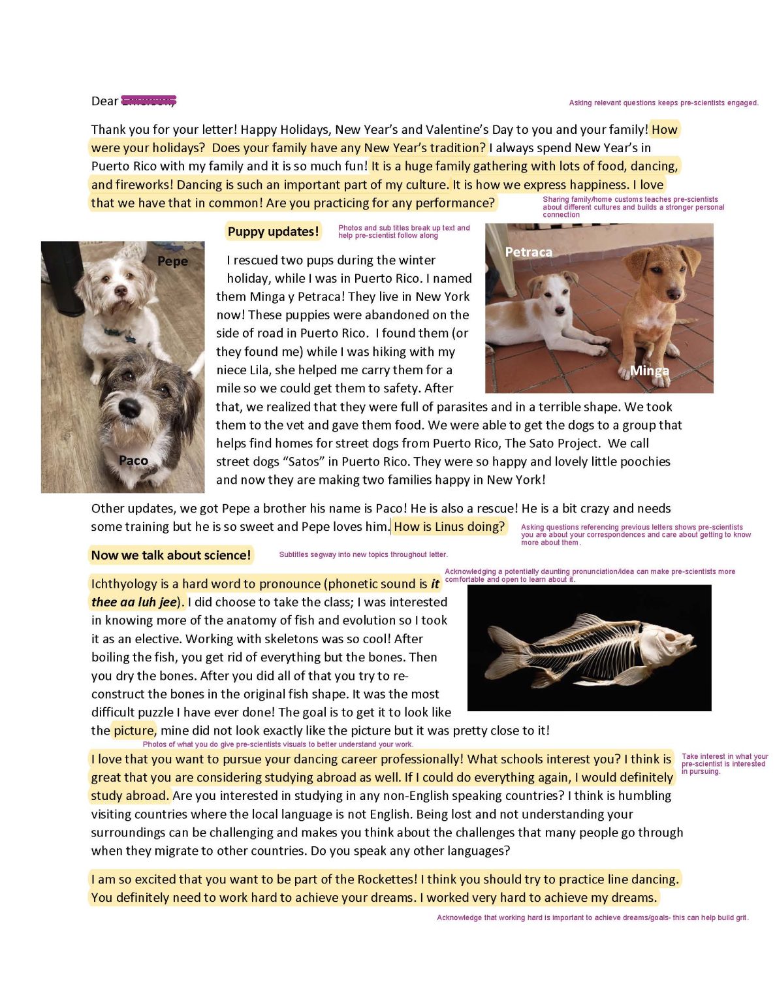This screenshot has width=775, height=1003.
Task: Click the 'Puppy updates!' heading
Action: click(273, 232)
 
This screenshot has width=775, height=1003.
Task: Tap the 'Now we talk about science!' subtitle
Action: click(170, 556)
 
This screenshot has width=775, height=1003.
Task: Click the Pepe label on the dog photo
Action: click(172, 261)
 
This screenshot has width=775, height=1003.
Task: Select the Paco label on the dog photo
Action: click(133, 461)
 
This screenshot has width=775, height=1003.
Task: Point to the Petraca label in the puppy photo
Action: click(528, 252)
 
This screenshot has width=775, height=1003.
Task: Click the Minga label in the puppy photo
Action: click(649, 371)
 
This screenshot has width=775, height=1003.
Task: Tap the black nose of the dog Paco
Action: click(129, 408)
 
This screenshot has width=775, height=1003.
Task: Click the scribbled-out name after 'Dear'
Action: click(149, 101)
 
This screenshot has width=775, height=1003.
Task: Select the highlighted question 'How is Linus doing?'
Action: click(449, 527)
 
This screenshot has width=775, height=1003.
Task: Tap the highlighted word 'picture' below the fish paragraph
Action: click(134, 731)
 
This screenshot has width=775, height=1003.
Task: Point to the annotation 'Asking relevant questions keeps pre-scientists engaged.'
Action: click(663, 103)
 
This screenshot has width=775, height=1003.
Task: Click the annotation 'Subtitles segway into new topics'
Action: click(363, 555)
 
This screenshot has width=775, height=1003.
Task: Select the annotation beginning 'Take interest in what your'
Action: click(724, 764)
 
